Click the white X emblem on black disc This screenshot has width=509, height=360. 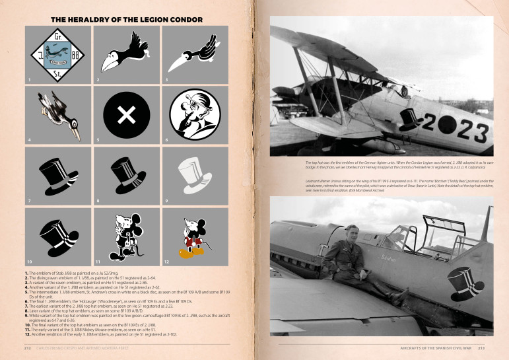tap(127, 116)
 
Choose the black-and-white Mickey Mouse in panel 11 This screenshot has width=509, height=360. tap(127, 236)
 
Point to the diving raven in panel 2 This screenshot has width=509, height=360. tap(126, 56)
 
